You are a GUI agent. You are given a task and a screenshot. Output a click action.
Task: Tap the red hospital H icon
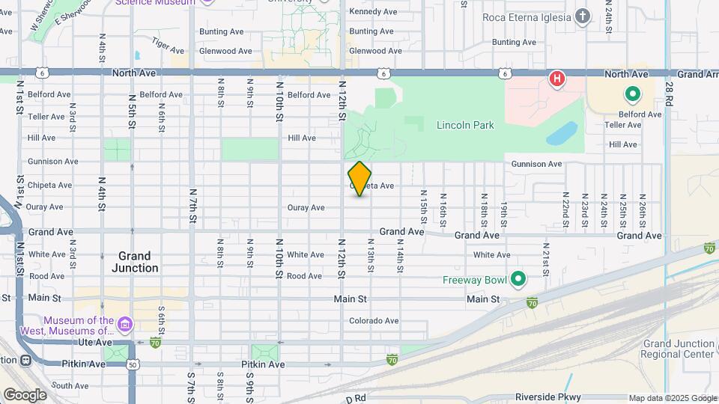[556, 79]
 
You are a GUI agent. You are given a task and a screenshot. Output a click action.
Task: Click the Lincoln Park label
[465, 125]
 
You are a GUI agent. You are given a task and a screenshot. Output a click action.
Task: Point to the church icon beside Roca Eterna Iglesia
[583, 16]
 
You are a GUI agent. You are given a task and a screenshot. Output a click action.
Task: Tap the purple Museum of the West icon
[125, 325]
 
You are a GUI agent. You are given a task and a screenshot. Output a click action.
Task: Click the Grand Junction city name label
[135, 262]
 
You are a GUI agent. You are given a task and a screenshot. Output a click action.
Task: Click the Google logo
[25, 394]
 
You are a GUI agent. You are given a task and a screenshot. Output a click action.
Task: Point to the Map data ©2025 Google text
[673, 398]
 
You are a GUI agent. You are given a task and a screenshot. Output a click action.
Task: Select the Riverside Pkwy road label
[547, 397]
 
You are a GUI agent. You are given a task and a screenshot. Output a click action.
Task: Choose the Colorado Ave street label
[374, 321]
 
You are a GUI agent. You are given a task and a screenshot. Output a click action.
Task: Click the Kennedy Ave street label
[373, 12]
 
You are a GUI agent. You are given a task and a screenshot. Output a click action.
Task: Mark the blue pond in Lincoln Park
[562, 134]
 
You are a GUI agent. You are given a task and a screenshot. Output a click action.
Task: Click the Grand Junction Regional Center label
[679, 349]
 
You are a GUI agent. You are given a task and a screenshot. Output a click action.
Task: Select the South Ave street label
[70, 386]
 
